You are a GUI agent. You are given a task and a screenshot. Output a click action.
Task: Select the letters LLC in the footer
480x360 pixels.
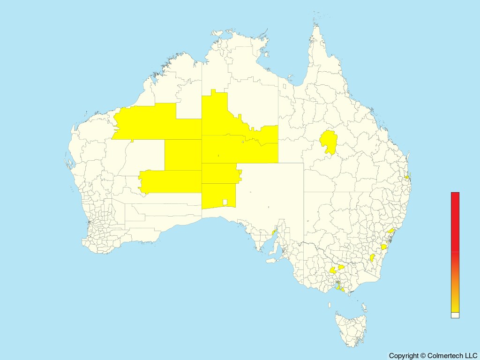(x=470, y=356)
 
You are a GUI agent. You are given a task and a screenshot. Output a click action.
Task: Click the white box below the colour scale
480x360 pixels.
(x=455, y=315)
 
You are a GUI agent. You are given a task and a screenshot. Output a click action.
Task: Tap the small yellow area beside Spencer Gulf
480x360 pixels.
(x=274, y=232)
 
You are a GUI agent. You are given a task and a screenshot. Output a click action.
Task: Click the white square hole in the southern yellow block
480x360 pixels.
(x=225, y=202)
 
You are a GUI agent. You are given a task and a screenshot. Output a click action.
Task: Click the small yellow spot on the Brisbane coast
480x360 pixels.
(x=407, y=178)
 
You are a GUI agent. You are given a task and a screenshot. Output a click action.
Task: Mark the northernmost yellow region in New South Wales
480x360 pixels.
(x=390, y=231)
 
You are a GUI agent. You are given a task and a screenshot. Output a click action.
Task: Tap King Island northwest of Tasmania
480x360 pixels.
(x=330, y=305)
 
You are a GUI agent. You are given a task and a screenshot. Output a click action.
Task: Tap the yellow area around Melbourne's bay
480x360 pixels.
(x=338, y=285)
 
